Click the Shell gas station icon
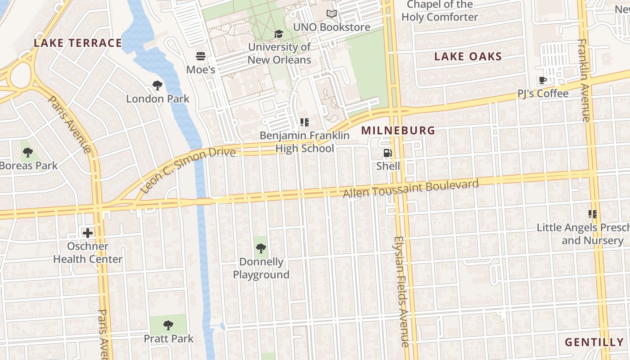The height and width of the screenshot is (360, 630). coord(387,153)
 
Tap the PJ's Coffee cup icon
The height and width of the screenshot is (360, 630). coord(543,81)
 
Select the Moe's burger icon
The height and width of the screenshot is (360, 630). coord(201,56)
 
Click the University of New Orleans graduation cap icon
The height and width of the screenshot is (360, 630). coord(279,34)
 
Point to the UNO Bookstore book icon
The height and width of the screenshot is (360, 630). coord(332,14)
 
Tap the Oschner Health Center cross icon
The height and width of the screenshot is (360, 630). coord(88,233)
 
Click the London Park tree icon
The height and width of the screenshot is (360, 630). coord(157,85)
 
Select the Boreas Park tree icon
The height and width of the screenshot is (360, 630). coord(28,153)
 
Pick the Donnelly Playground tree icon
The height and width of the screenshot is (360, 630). coord(261,248)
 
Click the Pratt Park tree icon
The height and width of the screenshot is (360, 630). coord(168,325)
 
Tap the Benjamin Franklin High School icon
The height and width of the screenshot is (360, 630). coord(305,122)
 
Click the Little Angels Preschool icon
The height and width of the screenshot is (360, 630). coord(593,214)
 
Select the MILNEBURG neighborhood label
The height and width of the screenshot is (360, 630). coord(398,130)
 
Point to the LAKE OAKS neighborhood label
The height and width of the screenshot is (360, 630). coord(468,57)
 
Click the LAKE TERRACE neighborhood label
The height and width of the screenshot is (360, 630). coord(78,43)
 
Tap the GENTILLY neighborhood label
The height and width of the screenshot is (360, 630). coord(594,342)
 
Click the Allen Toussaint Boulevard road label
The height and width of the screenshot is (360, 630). coord(410,189)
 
